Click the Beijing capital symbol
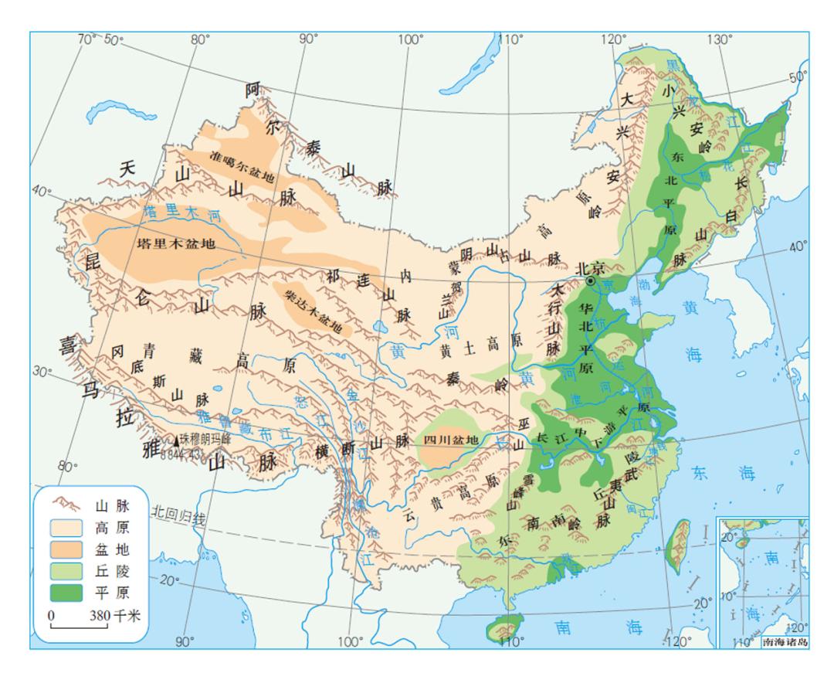coord(591,282)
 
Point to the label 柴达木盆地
coord(314,313)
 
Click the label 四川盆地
coord(452,440)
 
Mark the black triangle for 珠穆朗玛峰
coord(177,440)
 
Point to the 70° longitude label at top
coord(90,39)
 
